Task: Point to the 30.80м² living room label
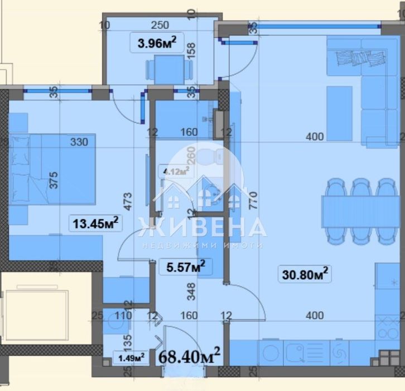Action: (x=305, y=273)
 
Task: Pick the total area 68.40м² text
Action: (x=190, y=354)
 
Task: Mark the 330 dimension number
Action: (x=79, y=142)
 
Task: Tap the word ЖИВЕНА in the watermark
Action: (x=201, y=228)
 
